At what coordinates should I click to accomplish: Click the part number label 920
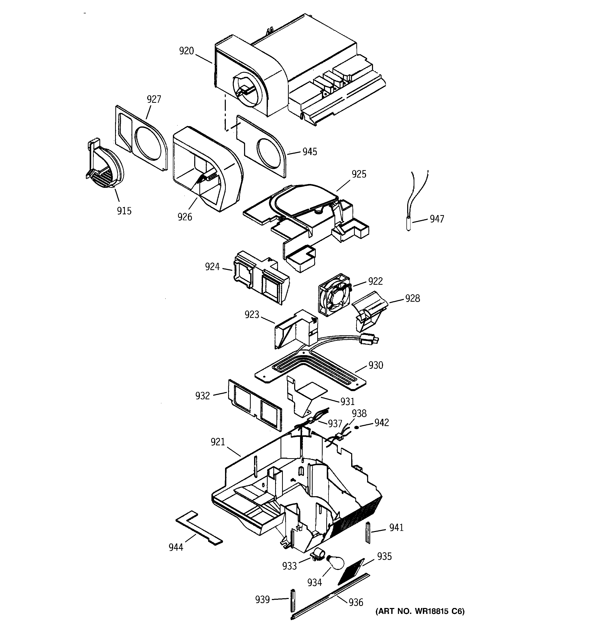point(187,51)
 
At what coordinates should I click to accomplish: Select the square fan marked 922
point(333,295)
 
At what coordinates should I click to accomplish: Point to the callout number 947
point(437,219)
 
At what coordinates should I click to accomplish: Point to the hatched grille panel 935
point(351,570)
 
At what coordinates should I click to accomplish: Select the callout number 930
point(376,365)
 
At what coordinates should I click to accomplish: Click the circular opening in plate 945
point(269,154)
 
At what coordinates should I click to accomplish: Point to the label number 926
point(185,217)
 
